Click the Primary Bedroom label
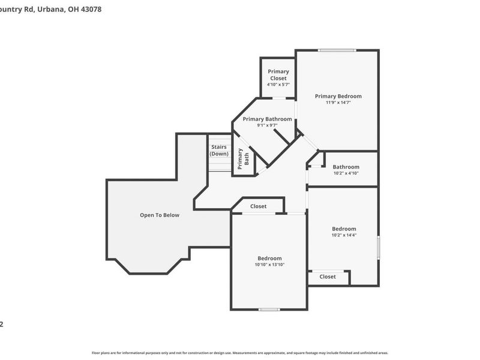[x=338, y=96]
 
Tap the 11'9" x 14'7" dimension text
[x=338, y=103]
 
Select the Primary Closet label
[x=278, y=75]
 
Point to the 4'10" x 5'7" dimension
[x=278, y=85]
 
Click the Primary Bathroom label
[x=267, y=119]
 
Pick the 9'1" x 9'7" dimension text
[x=267, y=125]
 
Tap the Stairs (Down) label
[x=219, y=150]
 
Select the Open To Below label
[x=160, y=215]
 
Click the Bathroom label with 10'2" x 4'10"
[x=346, y=167]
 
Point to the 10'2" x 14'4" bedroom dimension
[x=344, y=235]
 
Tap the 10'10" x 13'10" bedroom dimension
[x=269, y=265]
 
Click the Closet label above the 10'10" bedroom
[x=259, y=206]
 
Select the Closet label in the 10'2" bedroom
[x=328, y=277]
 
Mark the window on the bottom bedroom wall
[x=269, y=310]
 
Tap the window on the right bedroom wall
[x=378, y=248]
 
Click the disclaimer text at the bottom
[x=240, y=353]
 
